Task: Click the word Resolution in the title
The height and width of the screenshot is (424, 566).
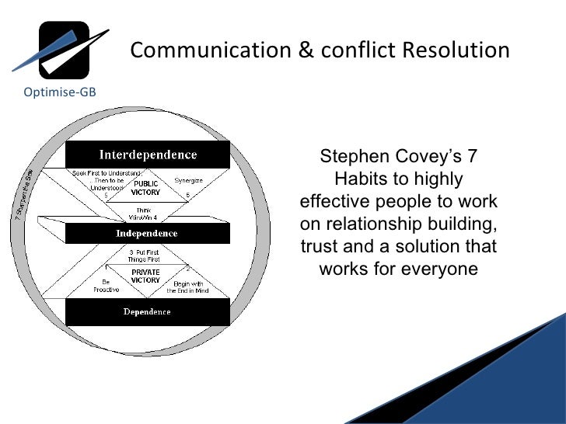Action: click(x=456, y=50)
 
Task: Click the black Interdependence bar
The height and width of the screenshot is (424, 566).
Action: click(x=147, y=154)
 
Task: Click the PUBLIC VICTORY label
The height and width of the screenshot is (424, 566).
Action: click(x=145, y=187)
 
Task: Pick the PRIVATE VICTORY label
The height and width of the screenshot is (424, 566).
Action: click(x=145, y=276)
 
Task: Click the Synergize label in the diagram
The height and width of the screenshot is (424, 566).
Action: click(x=188, y=180)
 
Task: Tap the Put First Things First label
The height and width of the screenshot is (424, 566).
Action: click(x=145, y=256)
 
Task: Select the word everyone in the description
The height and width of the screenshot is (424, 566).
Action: click(x=439, y=269)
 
